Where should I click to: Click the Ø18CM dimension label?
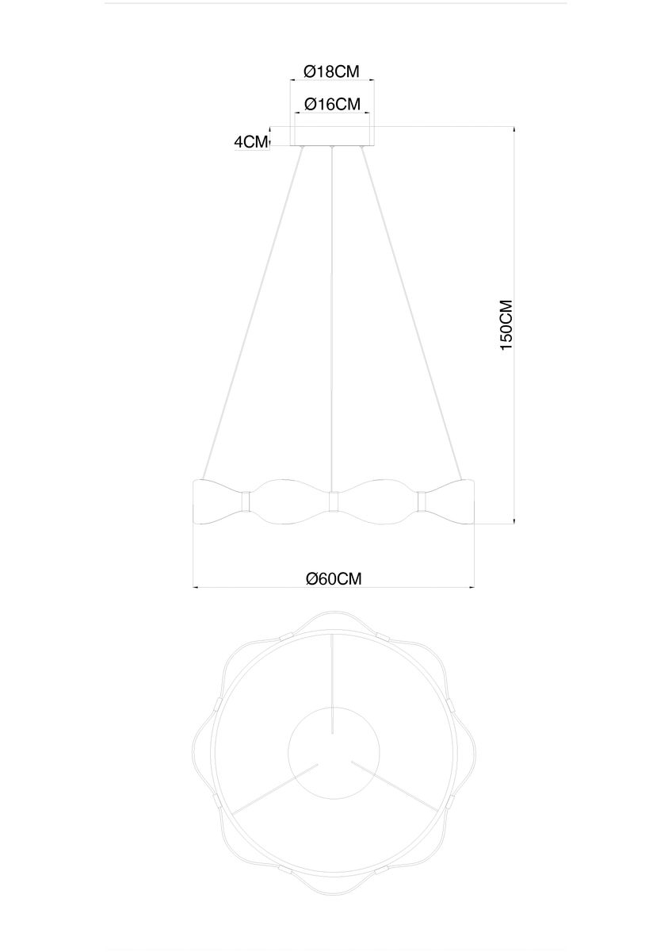point(332,71)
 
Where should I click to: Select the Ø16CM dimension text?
point(332,104)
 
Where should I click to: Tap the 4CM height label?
point(251,142)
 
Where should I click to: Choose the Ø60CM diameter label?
point(334,578)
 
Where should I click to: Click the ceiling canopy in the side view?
point(333,137)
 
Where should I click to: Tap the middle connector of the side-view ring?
point(334,501)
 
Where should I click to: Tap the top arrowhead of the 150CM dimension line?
point(515,129)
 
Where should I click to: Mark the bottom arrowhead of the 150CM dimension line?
point(515,520)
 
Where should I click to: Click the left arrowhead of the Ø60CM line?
point(197,588)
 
